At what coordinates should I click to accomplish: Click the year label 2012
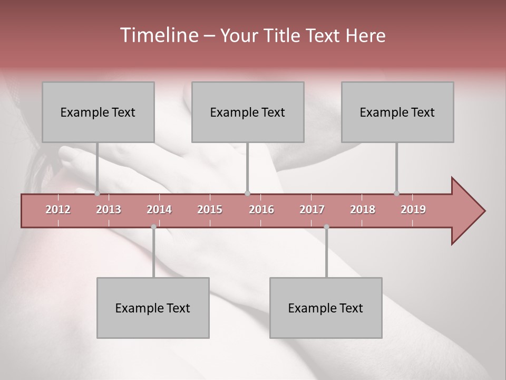[58, 210]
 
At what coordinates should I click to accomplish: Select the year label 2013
[109, 210]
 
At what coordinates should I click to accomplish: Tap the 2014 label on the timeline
[159, 210]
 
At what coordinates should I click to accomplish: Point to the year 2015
[210, 210]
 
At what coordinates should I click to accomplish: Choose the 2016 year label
[261, 210]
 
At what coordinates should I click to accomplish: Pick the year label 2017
[312, 210]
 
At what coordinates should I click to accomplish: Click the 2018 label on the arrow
[363, 210]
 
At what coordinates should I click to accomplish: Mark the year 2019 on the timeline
[413, 210]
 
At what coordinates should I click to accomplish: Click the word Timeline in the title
[158, 35]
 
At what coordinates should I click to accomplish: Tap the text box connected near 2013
[98, 112]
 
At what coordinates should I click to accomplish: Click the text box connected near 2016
[248, 112]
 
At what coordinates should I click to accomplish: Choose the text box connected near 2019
[397, 112]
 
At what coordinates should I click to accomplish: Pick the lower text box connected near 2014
[153, 308]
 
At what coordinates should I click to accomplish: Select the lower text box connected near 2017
[326, 308]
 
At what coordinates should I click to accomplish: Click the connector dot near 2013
[97, 193]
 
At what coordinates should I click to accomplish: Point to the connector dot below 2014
[153, 227]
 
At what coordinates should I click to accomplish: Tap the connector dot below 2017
[326, 227]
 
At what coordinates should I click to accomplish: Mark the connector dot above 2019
[396, 193]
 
